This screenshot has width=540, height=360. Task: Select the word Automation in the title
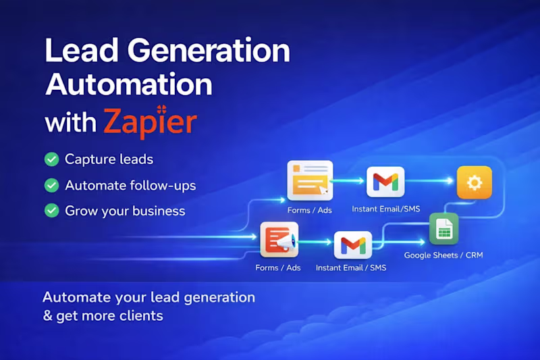(x=128, y=86)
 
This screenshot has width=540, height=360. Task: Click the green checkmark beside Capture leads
(x=51, y=159)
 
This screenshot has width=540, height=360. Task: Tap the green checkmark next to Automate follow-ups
(x=51, y=185)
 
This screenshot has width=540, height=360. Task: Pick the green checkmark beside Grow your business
(x=51, y=211)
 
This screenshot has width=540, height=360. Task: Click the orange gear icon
(x=474, y=182)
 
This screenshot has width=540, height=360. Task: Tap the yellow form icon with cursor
(x=310, y=180)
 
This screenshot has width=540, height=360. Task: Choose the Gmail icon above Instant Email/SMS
(x=385, y=182)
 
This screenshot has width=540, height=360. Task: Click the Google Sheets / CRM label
(x=443, y=255)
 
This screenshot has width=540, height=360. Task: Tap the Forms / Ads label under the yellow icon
(x=310, y=209)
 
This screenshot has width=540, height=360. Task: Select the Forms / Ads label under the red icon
(x=278, y=268)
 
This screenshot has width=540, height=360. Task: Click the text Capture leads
(x=109, y=159)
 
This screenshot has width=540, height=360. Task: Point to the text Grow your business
(x=125, y=211)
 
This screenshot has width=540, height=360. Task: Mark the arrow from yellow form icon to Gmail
(x=349, y=181)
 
